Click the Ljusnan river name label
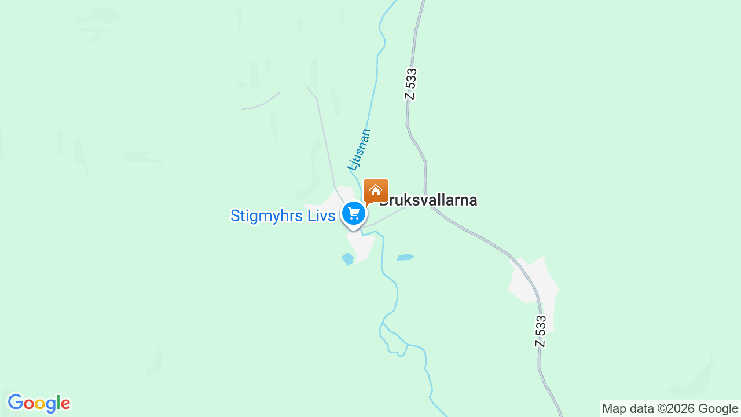tap(359, 149)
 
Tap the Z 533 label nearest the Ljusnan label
tap(410, 85)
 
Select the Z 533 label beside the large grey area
tap(540, 331)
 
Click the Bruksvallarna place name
tap(428, 200)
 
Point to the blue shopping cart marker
tap(353, 214)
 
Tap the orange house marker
tap(375, 191)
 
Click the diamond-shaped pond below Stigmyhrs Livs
tap(347, 259)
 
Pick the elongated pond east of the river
tap(405, 257)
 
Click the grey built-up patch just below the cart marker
tap(361, 246)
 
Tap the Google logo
tap(39, 404)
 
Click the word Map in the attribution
tap(614, 409)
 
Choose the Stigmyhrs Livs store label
tap(283, 216)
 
